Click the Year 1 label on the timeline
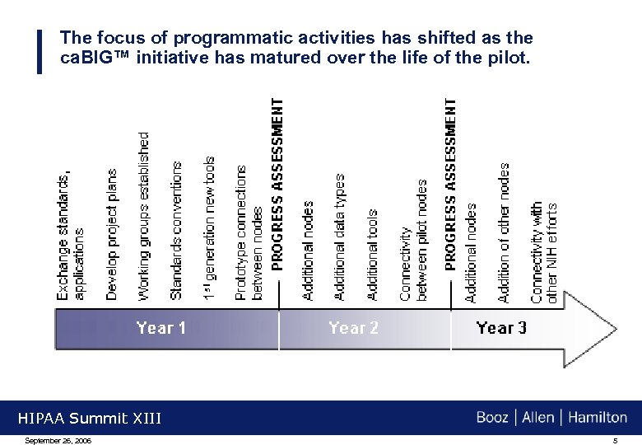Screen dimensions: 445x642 click(161, 328)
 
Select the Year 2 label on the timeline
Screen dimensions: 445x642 click(353, 328)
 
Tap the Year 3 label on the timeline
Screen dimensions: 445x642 click(501, 328)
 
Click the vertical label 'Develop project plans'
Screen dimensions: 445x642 click(113, 235)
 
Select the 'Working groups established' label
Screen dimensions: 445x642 click(144, 216)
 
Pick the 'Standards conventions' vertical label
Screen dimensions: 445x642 click(176, 230)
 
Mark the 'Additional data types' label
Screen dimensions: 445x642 click(339, 237)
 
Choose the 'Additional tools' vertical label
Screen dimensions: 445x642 click(372, 254)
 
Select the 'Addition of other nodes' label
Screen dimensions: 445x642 click(504, 232)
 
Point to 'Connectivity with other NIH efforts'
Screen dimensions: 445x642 click(544, 252)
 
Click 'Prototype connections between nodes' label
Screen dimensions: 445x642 click(249, 232)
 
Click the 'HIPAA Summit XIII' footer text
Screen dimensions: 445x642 click(90, 419)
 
